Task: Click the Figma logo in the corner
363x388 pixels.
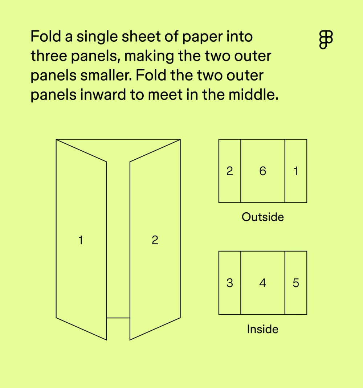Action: pyautogui.click(x=326, y=39)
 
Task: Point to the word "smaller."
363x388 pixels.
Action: pyautogui.click(x=106, y=76)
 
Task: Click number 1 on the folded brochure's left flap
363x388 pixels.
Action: pyautogui.click(x=81, y=240)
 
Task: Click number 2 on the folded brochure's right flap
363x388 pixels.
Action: pyautogui.click(x=155, y=240)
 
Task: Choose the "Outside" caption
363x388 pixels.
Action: pyautogui.click(x=262, y=217)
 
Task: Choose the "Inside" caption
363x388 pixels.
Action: pyautogui.click(x=262, y=329)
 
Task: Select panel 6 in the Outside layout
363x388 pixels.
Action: pyautogui.click(x=262, y=171)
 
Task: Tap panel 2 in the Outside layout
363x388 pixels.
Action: pyautogui.click(x=229, y=171)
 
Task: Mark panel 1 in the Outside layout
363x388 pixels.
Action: pyautogui.click(x=296, y=171)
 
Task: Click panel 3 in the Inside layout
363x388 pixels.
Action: pyautogui.click(x=229, y=283)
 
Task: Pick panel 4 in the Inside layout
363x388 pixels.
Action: pyautogui.click(x=262, y=283)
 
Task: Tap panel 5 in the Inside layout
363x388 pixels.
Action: pyautogui.click(x=296, y=283)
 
